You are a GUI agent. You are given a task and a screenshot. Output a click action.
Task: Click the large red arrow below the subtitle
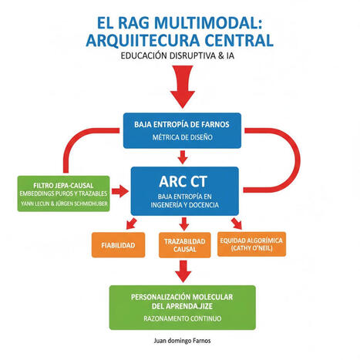point(183,86)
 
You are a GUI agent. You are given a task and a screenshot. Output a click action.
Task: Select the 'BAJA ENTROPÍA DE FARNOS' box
point(183,130)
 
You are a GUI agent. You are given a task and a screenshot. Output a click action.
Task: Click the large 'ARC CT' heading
point(183,185)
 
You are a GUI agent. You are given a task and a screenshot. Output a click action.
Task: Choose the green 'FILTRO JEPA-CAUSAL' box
point(63,193)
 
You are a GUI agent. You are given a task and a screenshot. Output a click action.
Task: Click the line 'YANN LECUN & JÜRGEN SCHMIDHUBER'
point(63,206)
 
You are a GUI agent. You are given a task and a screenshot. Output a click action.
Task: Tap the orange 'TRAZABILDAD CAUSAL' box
point(183,245)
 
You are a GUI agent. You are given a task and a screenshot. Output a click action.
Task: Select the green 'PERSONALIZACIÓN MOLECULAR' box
point(183,304)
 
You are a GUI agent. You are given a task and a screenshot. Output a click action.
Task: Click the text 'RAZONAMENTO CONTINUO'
point(183,317)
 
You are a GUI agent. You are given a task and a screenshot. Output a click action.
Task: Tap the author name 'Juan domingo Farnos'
point(183,339)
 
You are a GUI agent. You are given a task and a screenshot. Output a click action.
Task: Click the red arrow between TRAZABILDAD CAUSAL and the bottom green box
point(183,271)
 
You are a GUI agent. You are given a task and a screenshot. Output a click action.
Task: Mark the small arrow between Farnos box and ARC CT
point(183,158)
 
